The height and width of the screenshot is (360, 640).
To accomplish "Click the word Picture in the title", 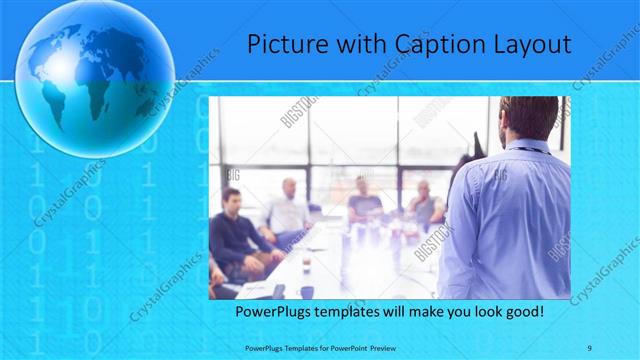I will point(282,44).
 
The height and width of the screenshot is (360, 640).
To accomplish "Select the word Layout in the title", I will point(532,44).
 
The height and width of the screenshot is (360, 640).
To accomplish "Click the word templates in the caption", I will point(353,313).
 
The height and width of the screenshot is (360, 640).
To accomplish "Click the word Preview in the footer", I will point(368,346).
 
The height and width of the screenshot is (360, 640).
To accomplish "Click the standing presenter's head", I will point(529,118).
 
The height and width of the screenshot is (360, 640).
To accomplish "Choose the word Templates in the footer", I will point(291,346).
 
